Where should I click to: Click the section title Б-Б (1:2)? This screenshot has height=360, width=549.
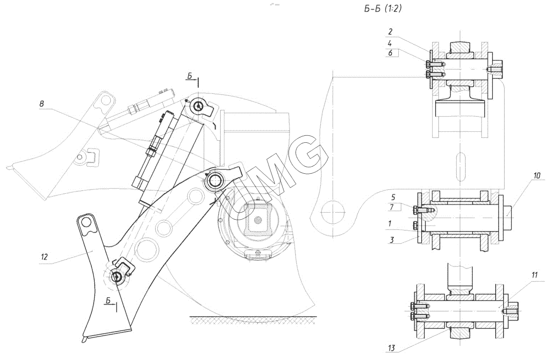tap(383, 9)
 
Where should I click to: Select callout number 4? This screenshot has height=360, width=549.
tap(390, 43)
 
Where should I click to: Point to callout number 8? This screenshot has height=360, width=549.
tap(41, 104)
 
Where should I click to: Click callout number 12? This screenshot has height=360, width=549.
tap(44, 257)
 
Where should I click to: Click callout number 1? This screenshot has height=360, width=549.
tap(390, 223)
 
